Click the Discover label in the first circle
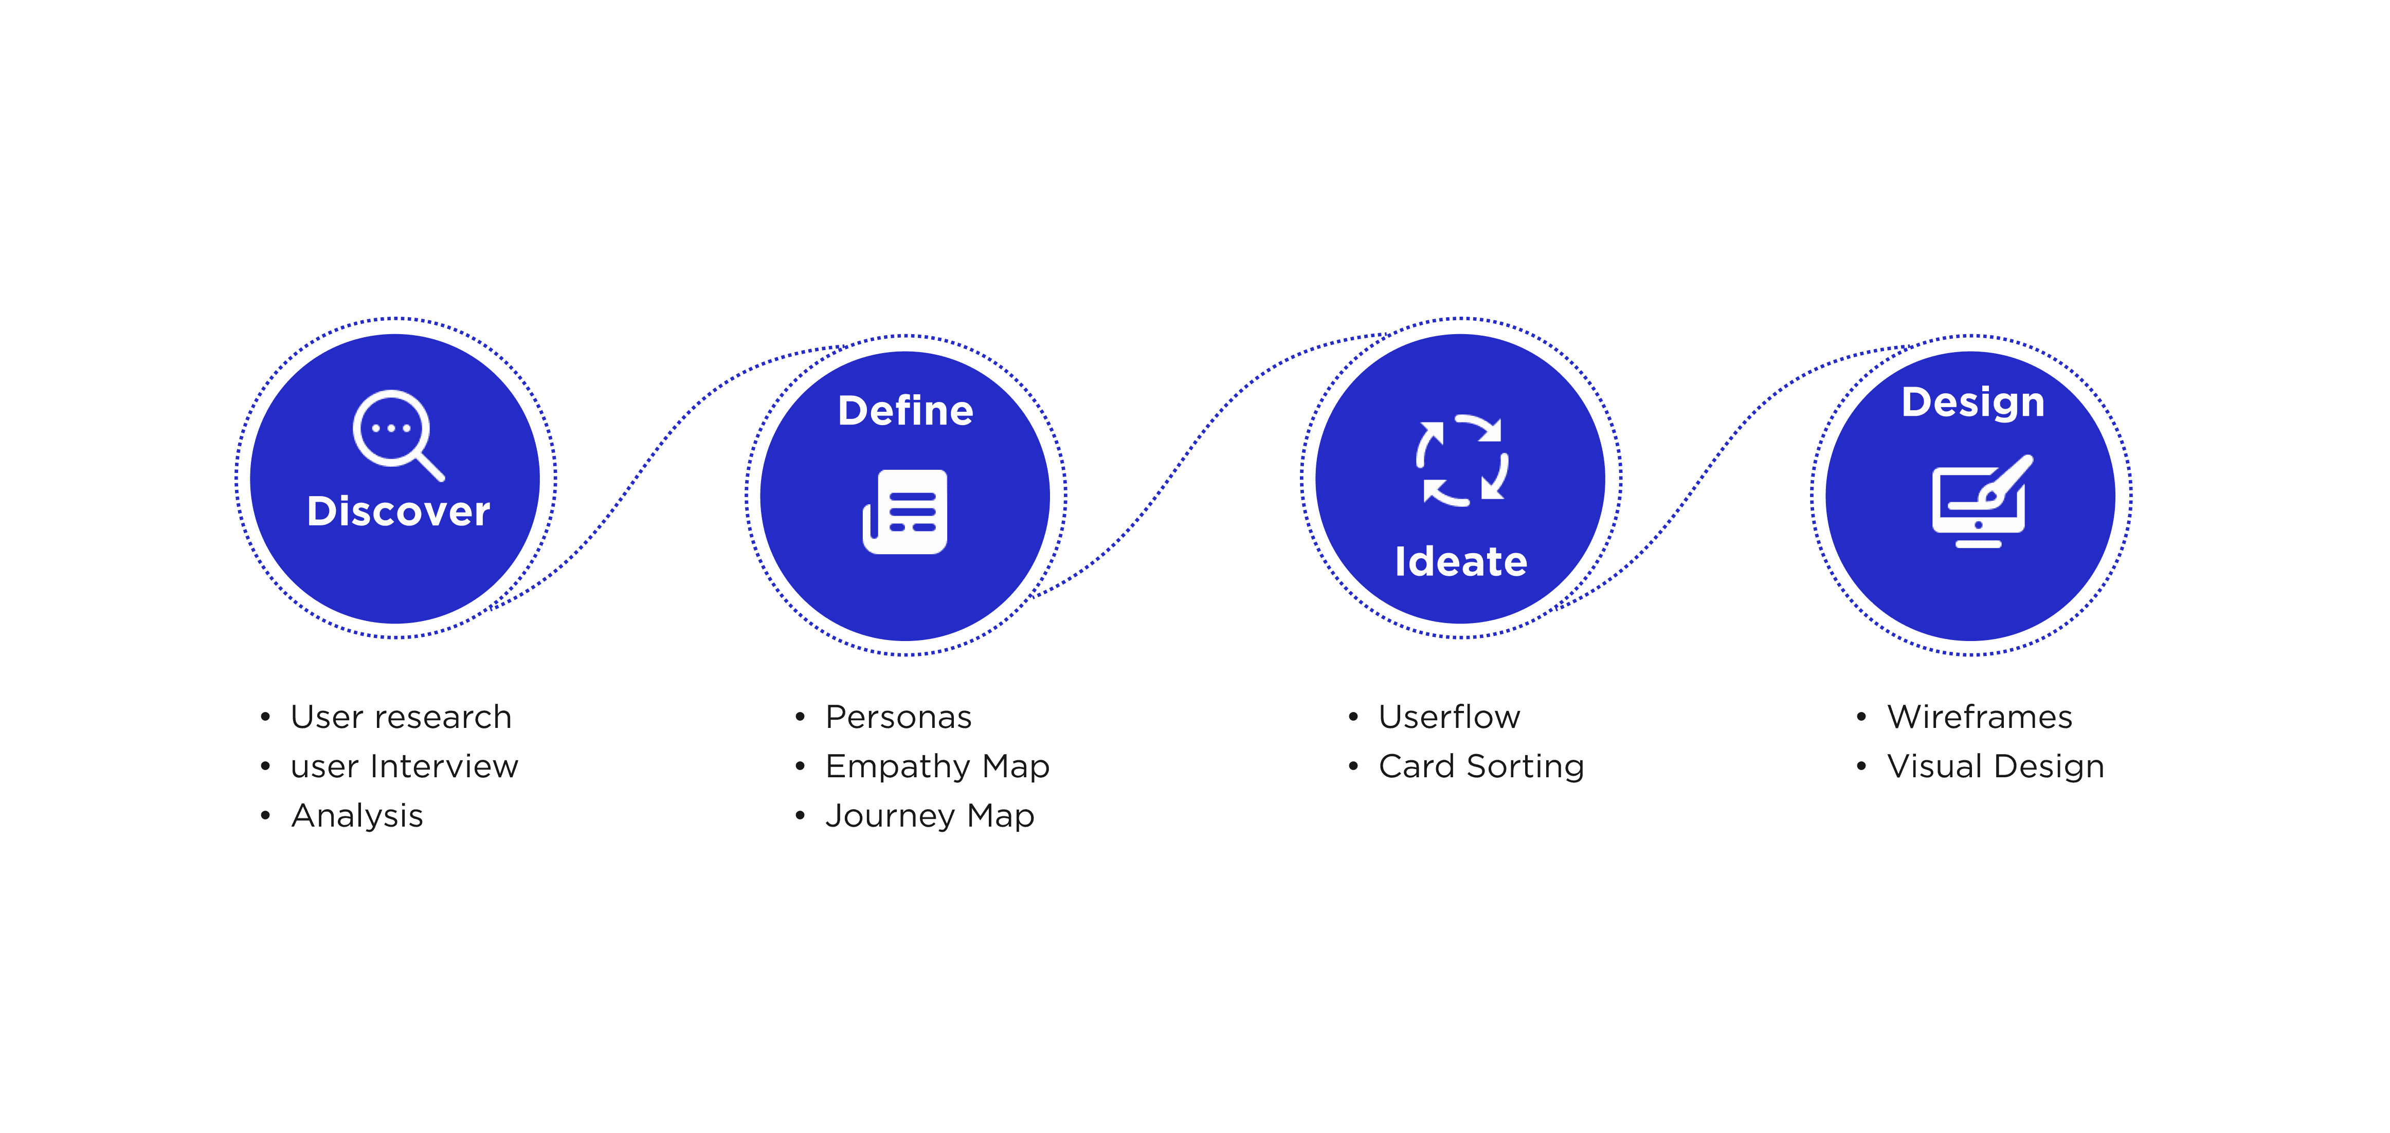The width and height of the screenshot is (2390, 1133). click(398, 511)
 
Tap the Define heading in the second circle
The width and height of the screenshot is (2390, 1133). click(906, 410)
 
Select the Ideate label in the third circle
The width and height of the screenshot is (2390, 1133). click(1460, 561)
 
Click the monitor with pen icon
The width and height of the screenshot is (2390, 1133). click(1980, 501)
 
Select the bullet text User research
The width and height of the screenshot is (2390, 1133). click(401, 717)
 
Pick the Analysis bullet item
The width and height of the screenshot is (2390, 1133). click(357, 816)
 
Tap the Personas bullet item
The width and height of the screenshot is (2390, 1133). click(898, 717)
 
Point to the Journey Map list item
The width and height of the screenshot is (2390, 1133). click(930, 816)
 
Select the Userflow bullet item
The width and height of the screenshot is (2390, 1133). click(1449, 717)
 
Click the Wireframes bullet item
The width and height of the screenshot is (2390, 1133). click(1980, 717)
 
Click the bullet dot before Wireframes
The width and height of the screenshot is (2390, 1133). click(1861, 717)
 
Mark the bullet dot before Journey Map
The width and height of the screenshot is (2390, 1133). click(800, 816)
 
